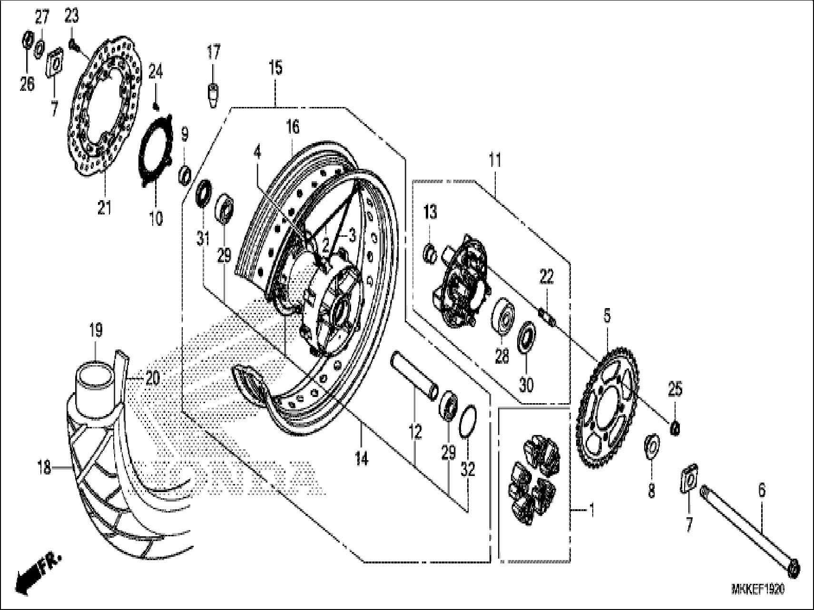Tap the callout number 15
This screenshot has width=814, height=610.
coord(275,68)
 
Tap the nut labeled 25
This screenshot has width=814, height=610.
coord(675,429)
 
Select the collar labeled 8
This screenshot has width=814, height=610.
coord(652,445)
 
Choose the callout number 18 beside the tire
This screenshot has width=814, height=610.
coord(44,468)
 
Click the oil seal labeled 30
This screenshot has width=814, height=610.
coord(527,336)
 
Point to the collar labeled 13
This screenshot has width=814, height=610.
coord(430,253)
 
